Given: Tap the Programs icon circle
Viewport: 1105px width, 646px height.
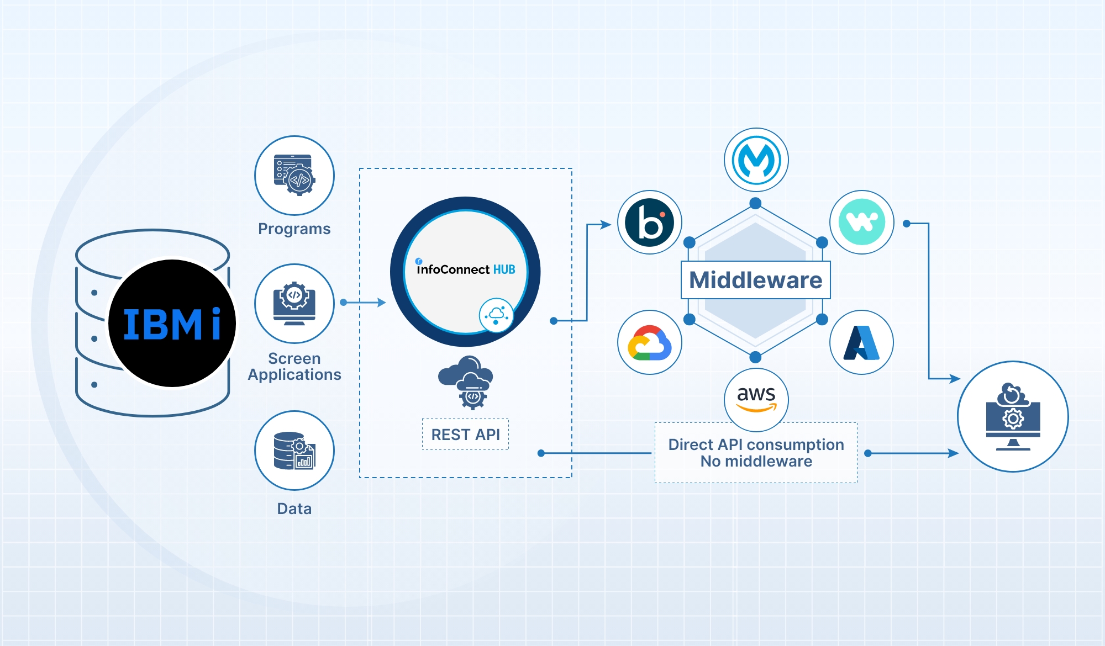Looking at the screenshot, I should coord(294,176).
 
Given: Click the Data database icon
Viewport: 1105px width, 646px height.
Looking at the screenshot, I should coord(294,451).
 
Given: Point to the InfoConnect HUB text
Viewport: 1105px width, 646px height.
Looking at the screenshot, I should coord(466,269).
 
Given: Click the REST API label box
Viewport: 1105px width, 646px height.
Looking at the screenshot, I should coord(465,435).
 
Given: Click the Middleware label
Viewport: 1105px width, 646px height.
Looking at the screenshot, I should coord(755,280).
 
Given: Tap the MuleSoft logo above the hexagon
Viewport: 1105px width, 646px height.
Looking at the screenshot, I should coord(756,160).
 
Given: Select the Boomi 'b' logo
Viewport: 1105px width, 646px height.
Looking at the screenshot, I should coord(650,223).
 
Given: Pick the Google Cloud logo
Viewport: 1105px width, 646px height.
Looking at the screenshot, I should coord(650,343).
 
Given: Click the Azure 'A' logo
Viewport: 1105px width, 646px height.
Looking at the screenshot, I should coord(861,343).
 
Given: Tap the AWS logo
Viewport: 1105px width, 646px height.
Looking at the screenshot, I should coord(756,399).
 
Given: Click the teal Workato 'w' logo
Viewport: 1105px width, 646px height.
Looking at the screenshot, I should coord(861,223).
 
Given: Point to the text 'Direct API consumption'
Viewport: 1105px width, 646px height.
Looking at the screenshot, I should coord(756,444).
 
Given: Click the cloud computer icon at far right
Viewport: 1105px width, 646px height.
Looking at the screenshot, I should coord(1013,417).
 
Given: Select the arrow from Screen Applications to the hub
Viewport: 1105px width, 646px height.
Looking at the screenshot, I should coord(364,303).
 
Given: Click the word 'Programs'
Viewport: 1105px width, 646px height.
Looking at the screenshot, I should coord(294,229).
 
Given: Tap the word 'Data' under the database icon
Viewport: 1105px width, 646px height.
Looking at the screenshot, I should coord(294,509).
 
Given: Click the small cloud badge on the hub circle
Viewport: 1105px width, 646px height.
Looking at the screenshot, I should coord(496,315).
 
